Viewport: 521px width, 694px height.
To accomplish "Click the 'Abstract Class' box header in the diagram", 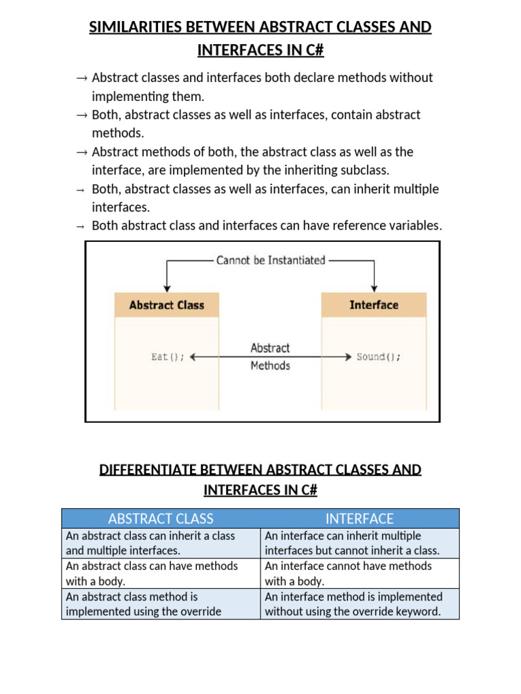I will [166, 305].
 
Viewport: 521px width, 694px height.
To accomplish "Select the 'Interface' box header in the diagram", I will [374, 305].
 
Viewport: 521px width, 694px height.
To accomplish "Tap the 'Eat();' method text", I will [168, 356].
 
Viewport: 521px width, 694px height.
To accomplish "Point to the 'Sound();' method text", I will [379, 356].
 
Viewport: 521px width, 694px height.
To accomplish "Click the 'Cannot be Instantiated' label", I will [271, 260].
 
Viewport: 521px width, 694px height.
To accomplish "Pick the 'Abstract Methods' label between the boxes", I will [270, 356].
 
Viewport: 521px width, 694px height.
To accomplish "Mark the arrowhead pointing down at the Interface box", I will [374, 287].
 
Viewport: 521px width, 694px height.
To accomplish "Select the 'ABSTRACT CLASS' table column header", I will [161, 518].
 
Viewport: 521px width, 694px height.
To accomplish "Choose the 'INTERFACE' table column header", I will [360, 518].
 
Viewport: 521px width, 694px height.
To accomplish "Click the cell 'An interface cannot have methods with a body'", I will [360, 573].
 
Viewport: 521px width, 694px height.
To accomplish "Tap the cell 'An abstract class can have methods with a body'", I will [161, 573].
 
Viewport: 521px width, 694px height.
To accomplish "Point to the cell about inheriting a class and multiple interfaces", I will [161, 543].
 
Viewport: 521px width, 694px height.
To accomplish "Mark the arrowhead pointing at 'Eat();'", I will [195, 357].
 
